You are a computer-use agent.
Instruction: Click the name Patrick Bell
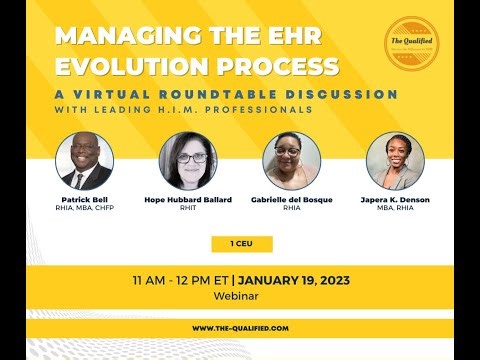[x=84, y=200]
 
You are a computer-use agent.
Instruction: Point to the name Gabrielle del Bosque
[x=291, y=200]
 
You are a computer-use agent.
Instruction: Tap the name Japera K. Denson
[x=395, y=200]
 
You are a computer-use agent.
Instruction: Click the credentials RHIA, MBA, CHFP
[x=84, y=209]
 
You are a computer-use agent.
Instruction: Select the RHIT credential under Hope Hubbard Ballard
[x=188, y=209]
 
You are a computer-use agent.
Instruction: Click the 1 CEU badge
[x=241, y=243]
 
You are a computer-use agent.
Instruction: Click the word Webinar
[x=240, y=296]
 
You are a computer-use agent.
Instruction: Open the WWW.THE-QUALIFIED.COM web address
[x=240, y=327]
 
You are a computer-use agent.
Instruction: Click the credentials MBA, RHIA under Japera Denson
[x=395, y=209]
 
